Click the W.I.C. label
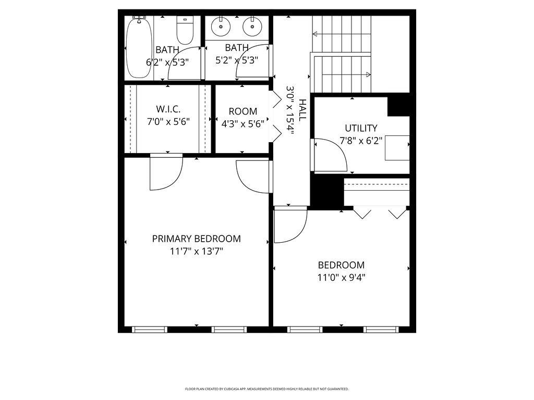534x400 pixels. (x=168, y=109)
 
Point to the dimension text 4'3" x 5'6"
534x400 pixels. (x=242, y=124)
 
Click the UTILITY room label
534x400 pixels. (x=361, y=128)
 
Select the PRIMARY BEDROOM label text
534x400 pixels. (x=196, y=239)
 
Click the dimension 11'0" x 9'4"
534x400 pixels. (x=342, y=278)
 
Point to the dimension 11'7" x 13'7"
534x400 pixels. (x=196, y=252)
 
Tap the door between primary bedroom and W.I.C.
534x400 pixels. (x=165, y=172)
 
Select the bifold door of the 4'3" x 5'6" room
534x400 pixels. (x=275, y=118)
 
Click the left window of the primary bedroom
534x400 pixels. (x=149, y=329)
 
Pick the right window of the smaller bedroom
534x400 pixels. (x=381, y=329)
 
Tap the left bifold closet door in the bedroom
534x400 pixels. (x=362, y=213)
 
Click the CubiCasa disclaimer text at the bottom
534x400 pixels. (x=266, y=389)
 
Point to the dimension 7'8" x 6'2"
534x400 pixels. (x=361, y=141)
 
